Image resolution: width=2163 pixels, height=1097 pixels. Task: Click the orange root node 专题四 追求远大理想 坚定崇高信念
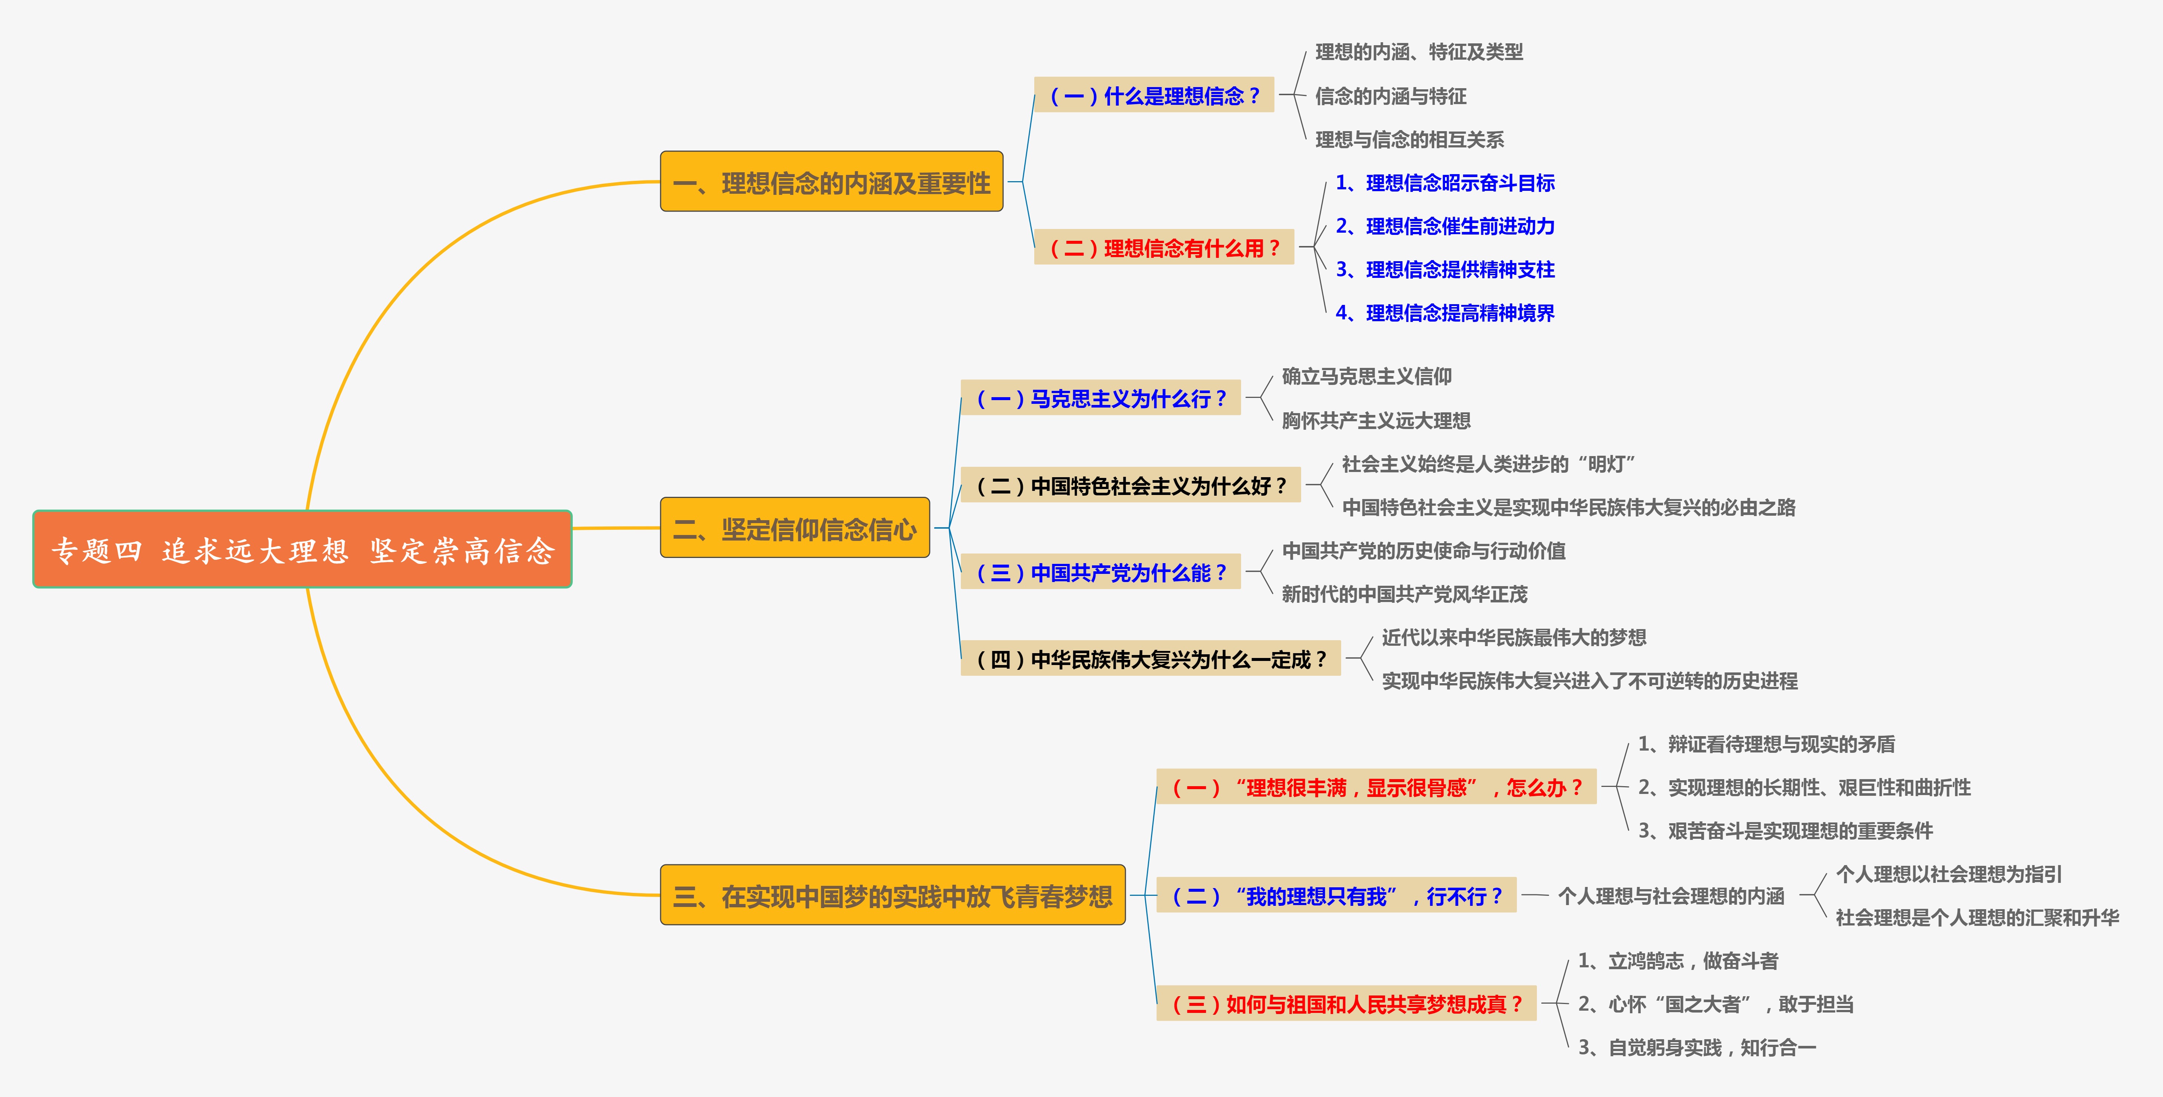302,550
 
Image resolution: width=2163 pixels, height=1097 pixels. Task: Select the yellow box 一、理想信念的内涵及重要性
831,182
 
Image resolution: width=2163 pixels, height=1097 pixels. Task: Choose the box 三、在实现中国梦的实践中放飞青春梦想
893,895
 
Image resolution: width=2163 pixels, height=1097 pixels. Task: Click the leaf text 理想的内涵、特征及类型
1418,52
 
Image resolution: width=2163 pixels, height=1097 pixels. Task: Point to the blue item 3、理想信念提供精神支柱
1444,269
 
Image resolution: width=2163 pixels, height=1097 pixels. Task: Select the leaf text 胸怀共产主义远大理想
1375,420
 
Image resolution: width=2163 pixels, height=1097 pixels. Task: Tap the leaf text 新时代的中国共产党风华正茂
1404,594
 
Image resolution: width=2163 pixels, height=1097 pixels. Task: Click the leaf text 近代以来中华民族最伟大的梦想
1513,638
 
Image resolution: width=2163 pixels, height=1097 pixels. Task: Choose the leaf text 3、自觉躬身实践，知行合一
1696,1047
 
